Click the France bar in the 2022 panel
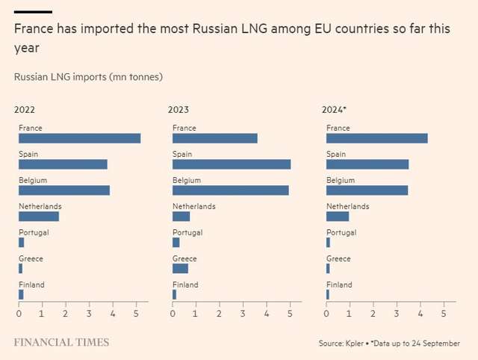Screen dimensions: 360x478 pyautogui.click(x=79, y=138)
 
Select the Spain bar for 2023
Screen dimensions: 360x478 pyautogui.click(x=232, y=164)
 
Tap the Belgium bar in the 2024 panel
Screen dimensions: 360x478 pyautogui.click(x=367, y=190)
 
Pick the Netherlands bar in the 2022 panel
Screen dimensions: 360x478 pyautogui.click(x=39, y=217)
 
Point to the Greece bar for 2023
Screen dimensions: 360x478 pyautogui.click(x=180, y=269)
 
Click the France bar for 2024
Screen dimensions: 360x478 pyautogui.click(x=376, y=138)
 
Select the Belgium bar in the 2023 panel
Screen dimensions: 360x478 pyautogui.click(x=230, y=190)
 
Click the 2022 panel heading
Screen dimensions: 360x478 pyautogui.click(x=25, y=109)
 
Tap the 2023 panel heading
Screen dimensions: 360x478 pyautogui.click(x=179, y=109)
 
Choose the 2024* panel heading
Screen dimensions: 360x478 pyautogui.click(x=334, y=109)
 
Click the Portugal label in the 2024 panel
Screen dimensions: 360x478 pyautogui.click(x=341, y=232)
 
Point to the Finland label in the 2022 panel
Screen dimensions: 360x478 pyautogui.click(x=31, y=285)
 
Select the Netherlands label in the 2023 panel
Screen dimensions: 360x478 pyautogui.click(x=193, y=206)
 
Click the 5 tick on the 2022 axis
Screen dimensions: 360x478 pyautogui.click(x=136, y=314)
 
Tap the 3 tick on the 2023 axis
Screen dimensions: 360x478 pyautogui.click(x=243, y=314)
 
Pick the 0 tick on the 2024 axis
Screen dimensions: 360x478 pyautogui.click(x=326, y=314)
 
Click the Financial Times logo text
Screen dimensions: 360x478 pyautogui.click(x=61, y=343)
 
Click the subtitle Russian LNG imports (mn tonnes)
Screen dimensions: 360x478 pyautogui.click(x=88, y=77)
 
